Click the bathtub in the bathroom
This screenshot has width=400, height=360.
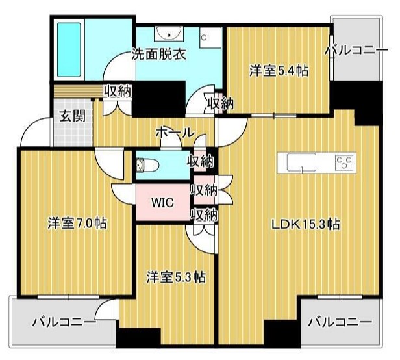click(x=69, y=50)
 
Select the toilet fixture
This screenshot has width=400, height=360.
click(x=147, y=165)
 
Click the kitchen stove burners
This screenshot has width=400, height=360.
click(x=345, y=162)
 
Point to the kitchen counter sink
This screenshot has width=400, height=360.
click(x=301, y=162)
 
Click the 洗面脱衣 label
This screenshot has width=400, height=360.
click(x=158, y=54)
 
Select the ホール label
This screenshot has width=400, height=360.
click(x=175, y=133)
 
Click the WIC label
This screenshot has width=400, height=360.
click(x=162, y=203)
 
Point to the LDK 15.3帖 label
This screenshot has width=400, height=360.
click(x=305, y=225)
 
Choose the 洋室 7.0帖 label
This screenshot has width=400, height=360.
click(x=77, y=224)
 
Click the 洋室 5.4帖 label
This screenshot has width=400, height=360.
click(x=279, y=71)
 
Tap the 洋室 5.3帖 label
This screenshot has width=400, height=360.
click(x=176, y=277)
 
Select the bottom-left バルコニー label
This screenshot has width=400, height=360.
click(x=64, y=322)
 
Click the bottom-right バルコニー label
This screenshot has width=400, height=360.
click(x=340, y=322)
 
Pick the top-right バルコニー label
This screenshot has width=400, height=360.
click(x=356, y=51)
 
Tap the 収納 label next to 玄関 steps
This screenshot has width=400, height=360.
click(x=118, y=90)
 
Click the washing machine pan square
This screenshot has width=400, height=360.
click(x=210, y=38)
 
